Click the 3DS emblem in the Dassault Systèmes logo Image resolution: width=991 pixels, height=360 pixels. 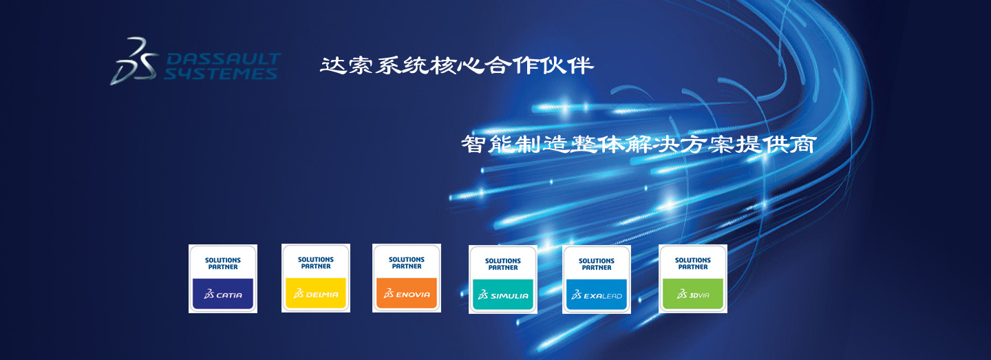(134, 62)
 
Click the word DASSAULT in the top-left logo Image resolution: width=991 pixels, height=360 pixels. (224, 59)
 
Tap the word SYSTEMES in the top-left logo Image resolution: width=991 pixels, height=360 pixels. (220, 74)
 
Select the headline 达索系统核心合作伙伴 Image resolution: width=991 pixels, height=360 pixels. (456, 65)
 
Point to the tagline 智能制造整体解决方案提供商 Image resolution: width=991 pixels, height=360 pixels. (639, 144)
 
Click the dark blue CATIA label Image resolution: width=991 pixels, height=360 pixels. (223, 294)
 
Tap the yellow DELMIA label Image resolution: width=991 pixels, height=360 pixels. (316, 293)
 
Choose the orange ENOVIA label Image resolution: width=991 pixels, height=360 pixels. (407, 293)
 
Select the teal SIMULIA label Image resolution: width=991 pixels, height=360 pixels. (503, 295)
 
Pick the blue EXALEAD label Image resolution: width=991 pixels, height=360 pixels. (597, 295)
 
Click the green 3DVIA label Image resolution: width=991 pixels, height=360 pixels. (693, 294)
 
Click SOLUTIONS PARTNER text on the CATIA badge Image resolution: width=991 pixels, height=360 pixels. (223, 264)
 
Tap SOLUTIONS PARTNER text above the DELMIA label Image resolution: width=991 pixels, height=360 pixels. (316, 263)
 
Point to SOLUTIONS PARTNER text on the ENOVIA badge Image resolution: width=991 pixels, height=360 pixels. (407, 263)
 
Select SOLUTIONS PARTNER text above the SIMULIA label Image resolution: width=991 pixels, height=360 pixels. (503, 264)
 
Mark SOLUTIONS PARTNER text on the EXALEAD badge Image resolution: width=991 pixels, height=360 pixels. (597, 264)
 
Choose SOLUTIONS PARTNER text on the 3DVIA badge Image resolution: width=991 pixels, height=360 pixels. (693, 264)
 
